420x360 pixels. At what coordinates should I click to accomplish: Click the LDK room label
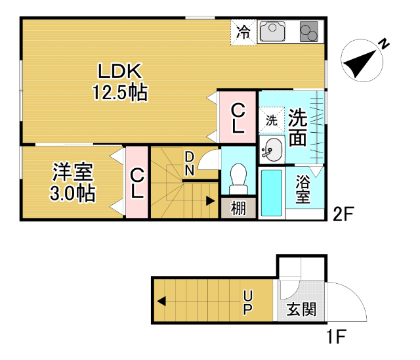[120, 70]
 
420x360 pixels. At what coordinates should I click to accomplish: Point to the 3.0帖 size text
[72, 194]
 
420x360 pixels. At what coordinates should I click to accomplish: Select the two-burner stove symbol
[308, 32]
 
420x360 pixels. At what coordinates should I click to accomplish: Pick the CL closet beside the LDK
[238, 119]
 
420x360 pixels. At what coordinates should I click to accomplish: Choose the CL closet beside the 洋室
[137, 183]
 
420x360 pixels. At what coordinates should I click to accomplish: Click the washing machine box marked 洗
[271, 121]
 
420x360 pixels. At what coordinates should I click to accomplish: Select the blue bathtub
[271, 192]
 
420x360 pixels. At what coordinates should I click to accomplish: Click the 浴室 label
[303, 189]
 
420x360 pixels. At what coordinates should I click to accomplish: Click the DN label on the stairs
[189, 164]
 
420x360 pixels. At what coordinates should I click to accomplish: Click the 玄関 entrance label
[301, 309]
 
